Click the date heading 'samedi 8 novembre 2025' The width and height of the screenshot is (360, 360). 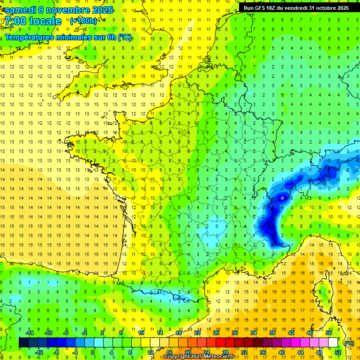pos(59,10)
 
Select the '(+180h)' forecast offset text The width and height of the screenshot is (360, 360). pos(83,21)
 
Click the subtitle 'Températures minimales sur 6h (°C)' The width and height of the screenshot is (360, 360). pos(68,37)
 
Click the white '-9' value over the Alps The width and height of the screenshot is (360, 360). pos(282,199)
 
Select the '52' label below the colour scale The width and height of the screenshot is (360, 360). pos(338,352)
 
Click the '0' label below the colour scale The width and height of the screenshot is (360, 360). pos(93,352)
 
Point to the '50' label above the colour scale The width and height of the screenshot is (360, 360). pos(329,333)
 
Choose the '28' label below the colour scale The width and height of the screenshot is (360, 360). pos(225,352)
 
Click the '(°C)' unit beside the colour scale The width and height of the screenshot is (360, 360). pos(349,343)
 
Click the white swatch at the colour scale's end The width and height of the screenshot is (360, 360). pos(333,343)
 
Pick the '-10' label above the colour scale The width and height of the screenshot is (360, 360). pos(47,333)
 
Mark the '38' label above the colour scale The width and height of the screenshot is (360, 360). pos(272,333)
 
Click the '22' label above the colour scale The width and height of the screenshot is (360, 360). pos(197,333)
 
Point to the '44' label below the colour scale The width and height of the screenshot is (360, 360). pos(300,352)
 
